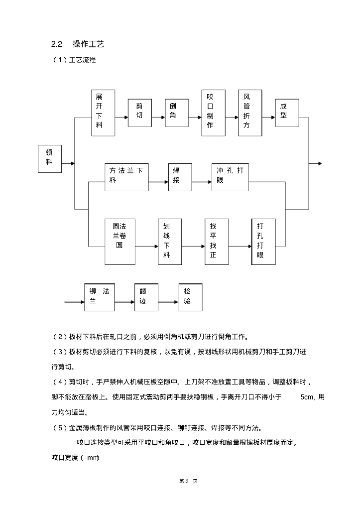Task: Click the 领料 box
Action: pyautogui.click(x=49, y=158)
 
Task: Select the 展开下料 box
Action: pyautogui.click(x=103, y=113)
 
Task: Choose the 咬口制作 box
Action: pyautogui.click(x=213, y=113)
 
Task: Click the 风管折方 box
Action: pyautogui.click(x=250, y=113)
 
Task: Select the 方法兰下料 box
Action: pyautogui.click(x=126, y=176)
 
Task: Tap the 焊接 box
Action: pyautogui.click(x=179, y=176)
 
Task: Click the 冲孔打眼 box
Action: pyautogui.click(x=230, y=176)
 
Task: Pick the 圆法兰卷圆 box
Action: pyautogui.click(x=120, y=241)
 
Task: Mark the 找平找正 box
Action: pyautogui.click(x=217, y=241)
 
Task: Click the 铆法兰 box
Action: pyautogui.click(x=99, y=297)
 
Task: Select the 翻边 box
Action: pyautogui.click(x=146, y=297)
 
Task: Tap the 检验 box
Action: pyautogui.click(x=190, y=297)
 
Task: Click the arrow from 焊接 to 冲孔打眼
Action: pyautogui.click(x=201, y=182)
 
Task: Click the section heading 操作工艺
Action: pyautogui.click(x=88, y=44)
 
